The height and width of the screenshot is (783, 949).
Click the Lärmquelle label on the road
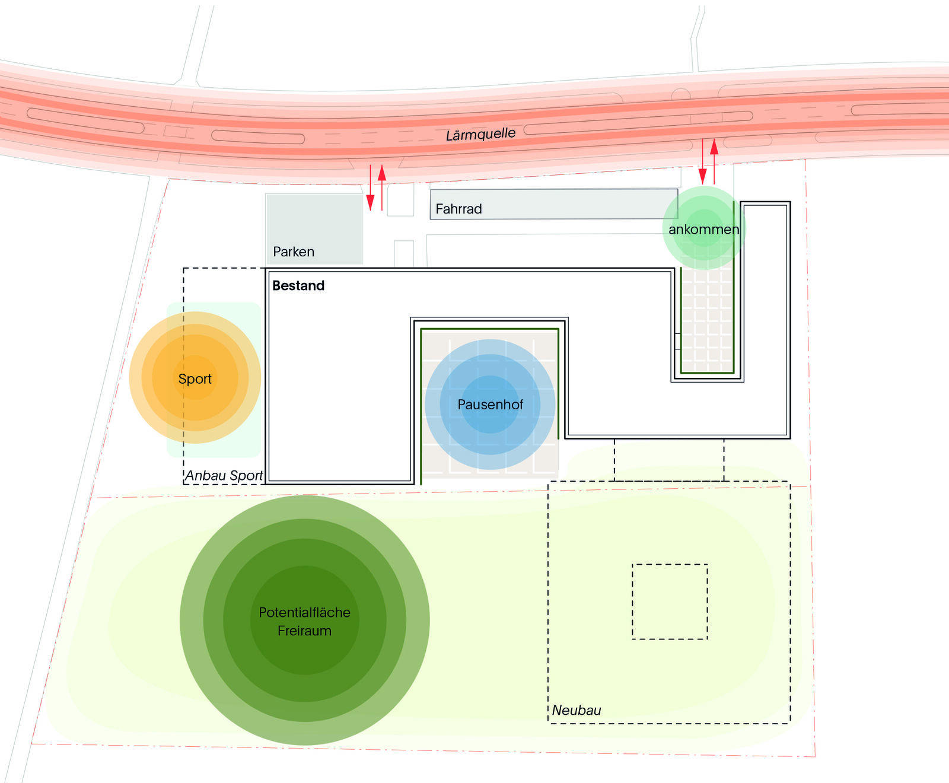(480, 134)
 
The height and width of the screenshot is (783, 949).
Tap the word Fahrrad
(458, 209)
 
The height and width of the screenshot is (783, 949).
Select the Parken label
(294, 252)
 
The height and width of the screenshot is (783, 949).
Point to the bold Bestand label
(298, 285)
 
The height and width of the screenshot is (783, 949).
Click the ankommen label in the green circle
(704, 230)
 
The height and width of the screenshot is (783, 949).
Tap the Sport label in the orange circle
(195, 379)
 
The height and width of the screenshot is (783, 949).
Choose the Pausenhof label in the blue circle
(491, 405)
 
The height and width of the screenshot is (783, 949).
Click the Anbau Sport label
(224, 476)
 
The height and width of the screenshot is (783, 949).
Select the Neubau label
(577, 710)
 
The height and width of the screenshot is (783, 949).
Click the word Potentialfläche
(305, 612)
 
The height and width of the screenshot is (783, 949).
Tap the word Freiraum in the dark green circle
(305, 631)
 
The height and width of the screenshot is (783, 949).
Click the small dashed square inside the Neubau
(670, 601)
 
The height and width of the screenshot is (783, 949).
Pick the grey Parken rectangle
(314, 229)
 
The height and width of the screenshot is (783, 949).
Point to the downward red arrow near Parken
(371, 188)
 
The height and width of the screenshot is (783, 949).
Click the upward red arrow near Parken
(382, 188)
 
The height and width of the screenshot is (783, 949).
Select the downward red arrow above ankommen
(703, 161)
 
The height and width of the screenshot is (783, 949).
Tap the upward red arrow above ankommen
(714, 161)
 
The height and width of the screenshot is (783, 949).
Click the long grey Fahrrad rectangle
(554, 204)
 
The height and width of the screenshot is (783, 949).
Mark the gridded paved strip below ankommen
(707, 320)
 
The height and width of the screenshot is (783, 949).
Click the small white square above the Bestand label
(404, 254)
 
